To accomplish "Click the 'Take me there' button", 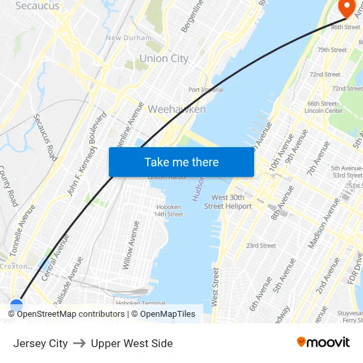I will tap(181, 162).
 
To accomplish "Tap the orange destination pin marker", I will tap(346, 7).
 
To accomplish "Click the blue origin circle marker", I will tap(16, 306).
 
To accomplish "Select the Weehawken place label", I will tap(177, 109).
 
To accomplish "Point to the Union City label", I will tap(164, 59).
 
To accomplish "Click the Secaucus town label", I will tap(37, 6).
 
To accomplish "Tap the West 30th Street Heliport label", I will tap(228, 202).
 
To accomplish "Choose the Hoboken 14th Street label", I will tap(168, 211).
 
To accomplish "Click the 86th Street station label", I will tap(346, 27).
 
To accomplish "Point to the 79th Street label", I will tap(332, 50).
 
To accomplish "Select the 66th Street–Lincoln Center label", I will tap(324, 107).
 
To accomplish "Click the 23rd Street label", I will tap(261, 246).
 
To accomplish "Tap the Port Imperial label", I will tap(206, 90).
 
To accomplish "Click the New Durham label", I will tap(129, 38).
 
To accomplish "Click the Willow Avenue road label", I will tap(131, 245).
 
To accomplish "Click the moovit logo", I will tap(323, 342).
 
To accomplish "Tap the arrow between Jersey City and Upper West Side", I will tap(79, 343).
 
